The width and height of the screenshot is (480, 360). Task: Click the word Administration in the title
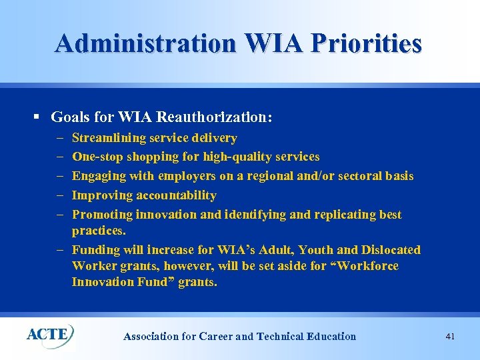(145, 43)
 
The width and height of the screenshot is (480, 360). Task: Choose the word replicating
(341, 215)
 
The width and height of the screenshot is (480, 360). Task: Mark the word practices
(99, 231)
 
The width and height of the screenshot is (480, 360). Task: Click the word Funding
(96, 250)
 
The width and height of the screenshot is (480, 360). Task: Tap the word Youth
(316, 250)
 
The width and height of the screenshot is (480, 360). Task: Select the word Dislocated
(391, 250)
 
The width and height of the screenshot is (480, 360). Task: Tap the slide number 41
(450, 337)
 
